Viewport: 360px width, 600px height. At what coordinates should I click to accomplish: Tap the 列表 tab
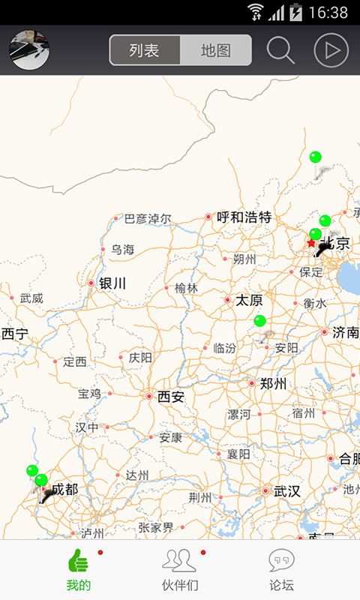(145, 50)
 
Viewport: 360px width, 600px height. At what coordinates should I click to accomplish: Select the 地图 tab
(216, 50)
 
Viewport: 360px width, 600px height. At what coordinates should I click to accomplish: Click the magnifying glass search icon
(280, 50)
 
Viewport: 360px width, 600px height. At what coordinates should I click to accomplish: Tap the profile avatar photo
(29, 50)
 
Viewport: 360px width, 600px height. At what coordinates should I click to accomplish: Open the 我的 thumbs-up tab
(78, 570)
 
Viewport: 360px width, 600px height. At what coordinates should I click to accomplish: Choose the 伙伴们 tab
(180, 570)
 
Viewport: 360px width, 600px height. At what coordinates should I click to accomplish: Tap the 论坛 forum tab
(281, 570)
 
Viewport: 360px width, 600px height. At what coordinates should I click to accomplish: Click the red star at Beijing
(311, 243)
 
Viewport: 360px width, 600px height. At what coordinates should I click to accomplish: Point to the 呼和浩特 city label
(244, 217)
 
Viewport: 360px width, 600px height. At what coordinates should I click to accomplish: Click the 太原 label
(249, 300)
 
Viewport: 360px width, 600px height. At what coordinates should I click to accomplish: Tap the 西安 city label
(171, 397)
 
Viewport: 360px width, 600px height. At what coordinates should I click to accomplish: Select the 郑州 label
(273, 384)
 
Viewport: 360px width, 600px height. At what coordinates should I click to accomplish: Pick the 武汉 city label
(286, 491)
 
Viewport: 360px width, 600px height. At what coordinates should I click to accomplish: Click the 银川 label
(112, 283)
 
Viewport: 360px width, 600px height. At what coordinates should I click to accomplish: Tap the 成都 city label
(64, 489)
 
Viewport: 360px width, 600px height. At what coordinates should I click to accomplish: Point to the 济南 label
(346, 332)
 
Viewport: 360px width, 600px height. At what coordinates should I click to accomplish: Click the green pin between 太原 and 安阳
(259, 321)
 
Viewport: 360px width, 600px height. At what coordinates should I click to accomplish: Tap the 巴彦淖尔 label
(147, 219)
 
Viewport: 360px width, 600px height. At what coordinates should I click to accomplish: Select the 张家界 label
(157, 528)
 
